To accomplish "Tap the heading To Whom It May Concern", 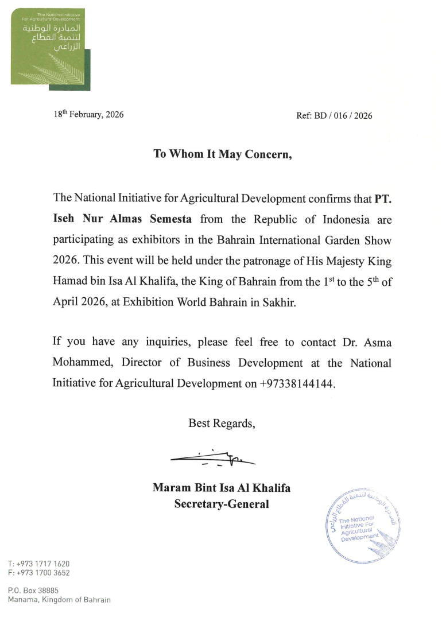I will (223, 154).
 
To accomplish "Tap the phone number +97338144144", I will (297, 384).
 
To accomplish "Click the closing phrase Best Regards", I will (222, 424).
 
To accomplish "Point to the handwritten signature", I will (213, 457).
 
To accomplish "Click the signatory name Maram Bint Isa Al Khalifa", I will (221, 488).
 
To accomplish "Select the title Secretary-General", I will (222, 504).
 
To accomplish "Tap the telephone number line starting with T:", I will (39, 564).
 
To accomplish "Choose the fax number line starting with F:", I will (39, 573).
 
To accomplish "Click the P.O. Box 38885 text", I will (33, 590).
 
